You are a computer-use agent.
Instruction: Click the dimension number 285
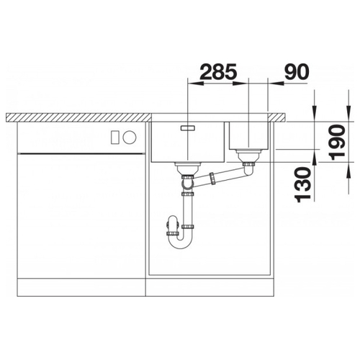[x=218, y=71]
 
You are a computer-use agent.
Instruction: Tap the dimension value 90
[x=297, y=71]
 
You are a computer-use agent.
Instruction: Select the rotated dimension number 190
[x=338, y=143]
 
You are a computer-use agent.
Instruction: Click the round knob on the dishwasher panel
[x=130, y=138]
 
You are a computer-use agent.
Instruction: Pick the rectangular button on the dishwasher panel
[x=115, y=138]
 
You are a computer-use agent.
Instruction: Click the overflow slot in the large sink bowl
[x=188, y=127]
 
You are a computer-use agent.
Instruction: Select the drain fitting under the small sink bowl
[x=248, y=156]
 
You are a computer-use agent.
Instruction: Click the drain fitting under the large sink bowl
[x=188, y=168]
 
